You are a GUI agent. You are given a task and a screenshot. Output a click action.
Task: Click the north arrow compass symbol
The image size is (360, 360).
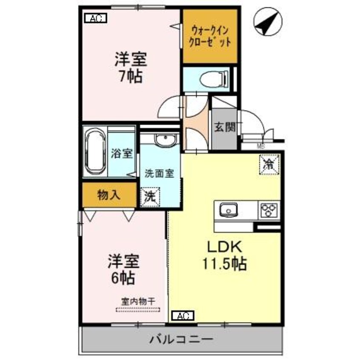tap(268, 22)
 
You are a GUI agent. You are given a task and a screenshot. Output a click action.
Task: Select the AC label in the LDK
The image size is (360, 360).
tap(183, 316)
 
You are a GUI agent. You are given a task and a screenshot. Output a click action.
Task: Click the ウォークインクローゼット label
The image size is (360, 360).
tap(210, 36)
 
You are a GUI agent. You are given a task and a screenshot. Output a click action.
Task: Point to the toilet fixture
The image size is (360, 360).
tap(211, 79)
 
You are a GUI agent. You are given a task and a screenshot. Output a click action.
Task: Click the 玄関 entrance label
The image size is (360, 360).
tap(224, 127)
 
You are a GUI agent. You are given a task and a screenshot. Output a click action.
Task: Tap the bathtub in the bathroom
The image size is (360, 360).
tap(94, 152)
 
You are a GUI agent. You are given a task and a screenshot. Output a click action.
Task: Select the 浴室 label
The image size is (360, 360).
tap(122, 154)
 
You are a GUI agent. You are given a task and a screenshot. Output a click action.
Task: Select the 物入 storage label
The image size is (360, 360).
tap(109, 195)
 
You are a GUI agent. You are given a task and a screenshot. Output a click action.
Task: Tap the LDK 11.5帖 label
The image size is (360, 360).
tap(225, 255)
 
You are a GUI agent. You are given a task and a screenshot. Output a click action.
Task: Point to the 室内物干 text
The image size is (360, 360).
tap(138, 300)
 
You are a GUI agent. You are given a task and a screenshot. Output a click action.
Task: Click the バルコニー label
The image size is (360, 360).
tap(181, 340)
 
